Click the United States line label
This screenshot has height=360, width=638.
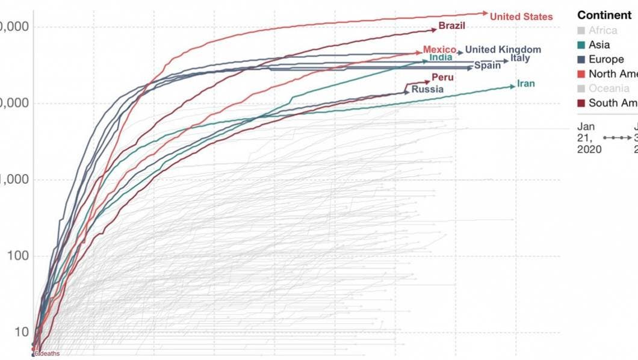click(521, 17)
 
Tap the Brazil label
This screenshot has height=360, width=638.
click(451, 26)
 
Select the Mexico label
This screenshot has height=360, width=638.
click(439, 49)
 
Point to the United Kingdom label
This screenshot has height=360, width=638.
click(503, 49)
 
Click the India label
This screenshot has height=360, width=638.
click(441, 58)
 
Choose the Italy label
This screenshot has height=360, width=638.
click(520, 58)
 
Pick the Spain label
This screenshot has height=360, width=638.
click(487, 65)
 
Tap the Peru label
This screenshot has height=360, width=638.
click(442, 78)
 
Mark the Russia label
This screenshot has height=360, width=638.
click(427, 89)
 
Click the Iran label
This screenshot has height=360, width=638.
click(525, 84)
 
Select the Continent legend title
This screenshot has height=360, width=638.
click(604, 15)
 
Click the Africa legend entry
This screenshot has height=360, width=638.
click(602, 30)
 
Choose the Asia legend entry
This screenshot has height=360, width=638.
click(599, 45)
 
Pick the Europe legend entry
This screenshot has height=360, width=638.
click(606, 59)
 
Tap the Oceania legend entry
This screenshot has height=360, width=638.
click(609, 88)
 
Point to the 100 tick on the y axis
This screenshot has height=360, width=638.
click(18, 256)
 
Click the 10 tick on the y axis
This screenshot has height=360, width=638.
click(21, 332)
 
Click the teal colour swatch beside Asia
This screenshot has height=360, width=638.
click(581, 45)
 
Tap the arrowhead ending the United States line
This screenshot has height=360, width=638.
click(486, 13)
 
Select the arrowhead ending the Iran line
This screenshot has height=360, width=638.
click(512, 86)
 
